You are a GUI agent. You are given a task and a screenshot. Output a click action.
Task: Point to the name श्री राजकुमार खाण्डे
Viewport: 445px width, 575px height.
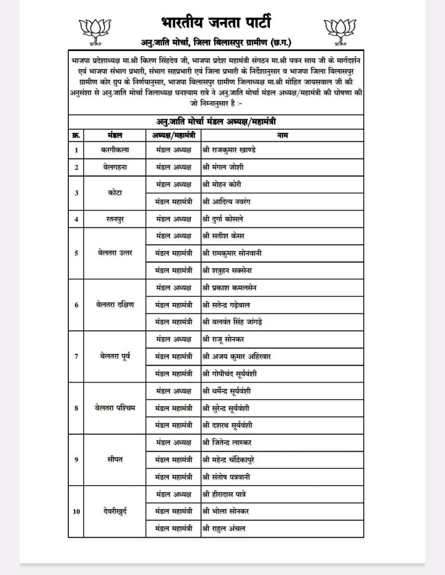pyautogui.click(x=229, y=150)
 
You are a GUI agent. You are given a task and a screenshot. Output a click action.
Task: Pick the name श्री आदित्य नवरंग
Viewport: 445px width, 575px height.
pyautogui.click(x=227, y=202)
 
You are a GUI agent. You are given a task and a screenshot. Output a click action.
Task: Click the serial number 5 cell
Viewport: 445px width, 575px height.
pyautogui.click(x=76, y=253)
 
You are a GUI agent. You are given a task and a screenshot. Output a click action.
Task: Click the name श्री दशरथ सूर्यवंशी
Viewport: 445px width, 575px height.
pyautogui.click(x=232, y=425)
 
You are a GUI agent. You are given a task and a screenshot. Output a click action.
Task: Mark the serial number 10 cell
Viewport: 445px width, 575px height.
pyautogui.click(x=76, y=511)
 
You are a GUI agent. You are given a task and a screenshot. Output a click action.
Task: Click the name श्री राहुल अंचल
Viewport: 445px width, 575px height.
pyautogui.click(x=224, y=528)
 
